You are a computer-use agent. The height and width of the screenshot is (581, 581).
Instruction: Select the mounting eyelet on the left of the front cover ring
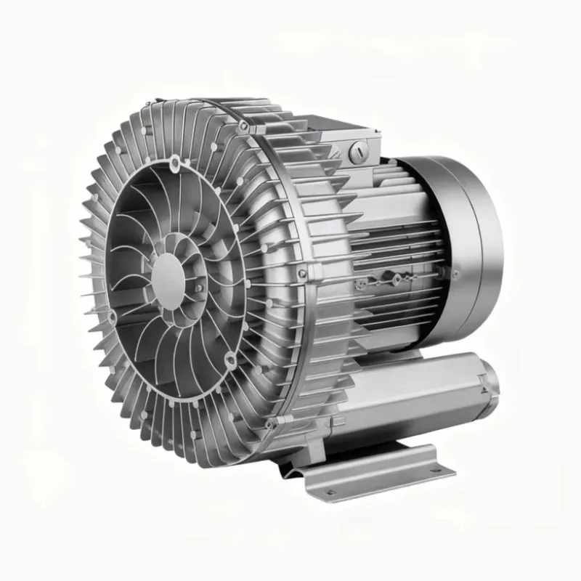point(113,317)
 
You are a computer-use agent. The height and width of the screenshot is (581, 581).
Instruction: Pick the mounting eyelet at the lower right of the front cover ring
point(229,357)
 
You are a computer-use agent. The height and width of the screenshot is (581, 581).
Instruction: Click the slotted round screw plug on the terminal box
point(356,151)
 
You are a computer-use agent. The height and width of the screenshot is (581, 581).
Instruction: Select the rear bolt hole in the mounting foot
point(434,469)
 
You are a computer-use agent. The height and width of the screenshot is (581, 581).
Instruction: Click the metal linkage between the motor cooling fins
point(392,278)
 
